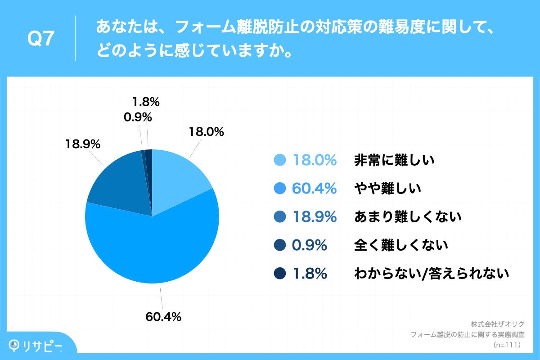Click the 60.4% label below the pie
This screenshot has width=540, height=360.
click(163, 317)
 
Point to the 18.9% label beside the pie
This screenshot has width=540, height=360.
click(82, 144)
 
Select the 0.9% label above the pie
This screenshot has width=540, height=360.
click(137, 117)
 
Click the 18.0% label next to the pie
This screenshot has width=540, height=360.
click(206, 132)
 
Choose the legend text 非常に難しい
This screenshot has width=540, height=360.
click(394, 160)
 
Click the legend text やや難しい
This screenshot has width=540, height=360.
click(387, 189)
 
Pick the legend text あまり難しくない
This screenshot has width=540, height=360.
click(408, 217)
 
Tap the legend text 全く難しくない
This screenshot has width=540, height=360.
click(401, 245)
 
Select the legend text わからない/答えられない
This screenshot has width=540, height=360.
click(432, 274)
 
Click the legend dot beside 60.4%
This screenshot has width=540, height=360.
click(280, 189)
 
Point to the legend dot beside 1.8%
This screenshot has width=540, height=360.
click(280, 274)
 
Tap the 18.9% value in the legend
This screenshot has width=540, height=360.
click(314, 217)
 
